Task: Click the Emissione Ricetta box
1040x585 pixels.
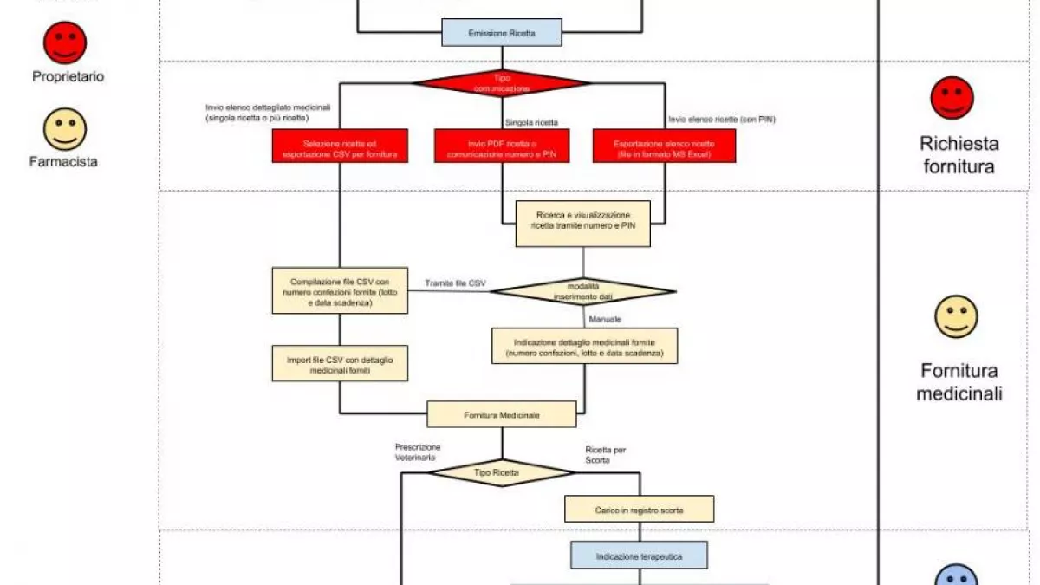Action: pyautogui.click(x=502, y=33)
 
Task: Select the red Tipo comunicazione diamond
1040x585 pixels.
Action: pyautogui.click(x=502, y=83)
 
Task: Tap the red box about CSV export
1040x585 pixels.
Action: pyautogui.click(x=339, y=146)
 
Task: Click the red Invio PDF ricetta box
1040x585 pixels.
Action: pyautogui.click(x=502, y=146)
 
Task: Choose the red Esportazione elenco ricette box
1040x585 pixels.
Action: pyautogui.click(x=664, y=146)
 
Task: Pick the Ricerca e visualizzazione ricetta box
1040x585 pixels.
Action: pyautogui.click(x=582, y=224)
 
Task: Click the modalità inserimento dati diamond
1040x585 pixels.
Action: pyautogui.click(x=582, y=291)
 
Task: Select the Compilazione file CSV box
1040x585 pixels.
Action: pyautogui.click(x=339, y=291)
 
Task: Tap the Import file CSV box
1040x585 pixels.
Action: pyautogui.click(x=339, y=363)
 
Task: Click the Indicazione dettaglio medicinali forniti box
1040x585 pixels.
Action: pyautogui.click(x=583, y=345)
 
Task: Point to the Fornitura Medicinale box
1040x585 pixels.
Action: pyautogui.click(x=502, y=415)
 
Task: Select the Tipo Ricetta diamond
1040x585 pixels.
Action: pyautogui.click(x=502, y=472)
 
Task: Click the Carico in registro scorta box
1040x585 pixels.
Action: pyautogui.click(x=639, y=509)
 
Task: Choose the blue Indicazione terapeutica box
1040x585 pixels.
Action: pyautogui.click(x=639, y=555)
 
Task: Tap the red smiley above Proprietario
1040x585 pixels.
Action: pyautogui.click(x=65, y=42)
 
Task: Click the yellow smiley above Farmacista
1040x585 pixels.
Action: pyautogui.click(x=65, y=129)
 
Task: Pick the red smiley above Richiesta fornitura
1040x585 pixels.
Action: pyautogui.click(x=952, y=98)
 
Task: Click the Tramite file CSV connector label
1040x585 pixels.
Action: pyautogui.click(x=455, y=283)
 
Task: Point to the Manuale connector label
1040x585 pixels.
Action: pyautogui.click(x=605, y=320)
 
